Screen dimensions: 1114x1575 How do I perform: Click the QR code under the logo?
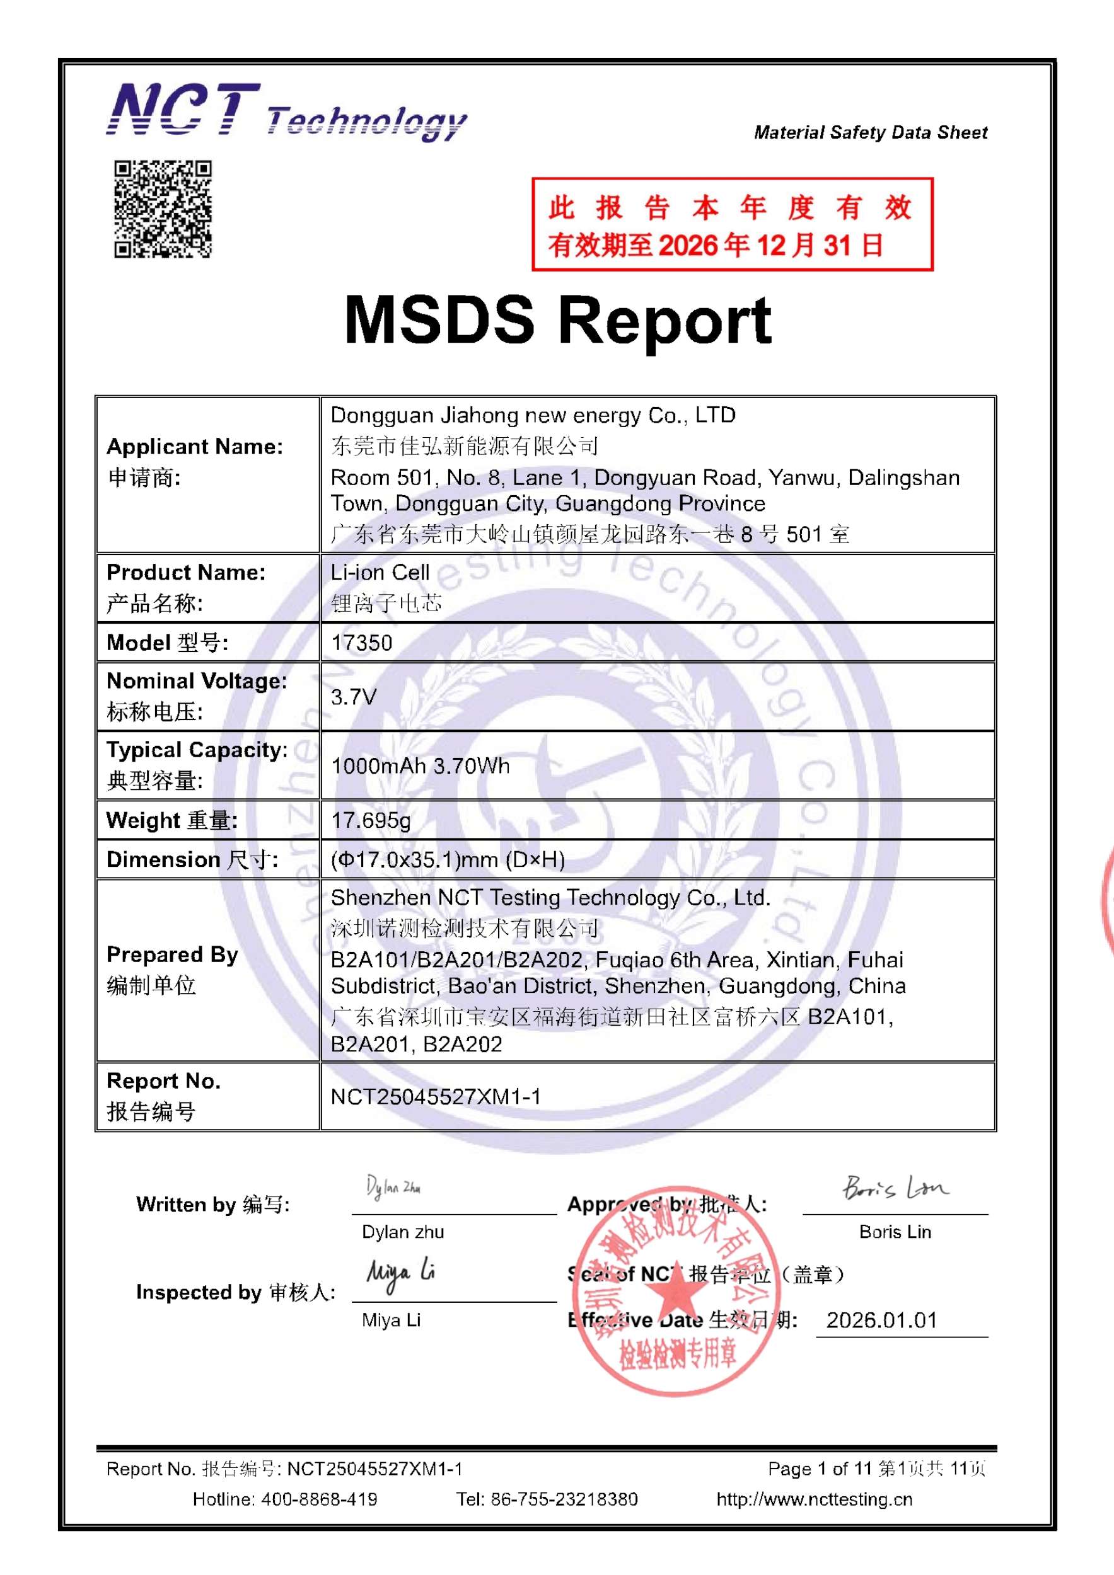pos(163,209)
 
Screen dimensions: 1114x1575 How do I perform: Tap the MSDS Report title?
pos(557,320)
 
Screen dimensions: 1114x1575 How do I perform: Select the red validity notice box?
pos(732,224)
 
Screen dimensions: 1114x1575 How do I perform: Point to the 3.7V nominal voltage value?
pos(354,697)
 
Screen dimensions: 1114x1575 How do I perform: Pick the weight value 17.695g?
pos(371,820)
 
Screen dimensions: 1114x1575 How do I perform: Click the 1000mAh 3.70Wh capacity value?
pos(420,765)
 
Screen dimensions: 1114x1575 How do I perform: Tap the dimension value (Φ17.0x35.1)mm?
pos(448,859)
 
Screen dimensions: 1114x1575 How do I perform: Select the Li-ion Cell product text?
pos(380,572)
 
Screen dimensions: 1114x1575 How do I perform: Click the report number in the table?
pos(436,1096)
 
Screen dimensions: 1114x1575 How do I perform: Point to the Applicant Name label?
pos(194,447)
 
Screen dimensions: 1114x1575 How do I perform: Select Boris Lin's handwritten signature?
pos(895,1188)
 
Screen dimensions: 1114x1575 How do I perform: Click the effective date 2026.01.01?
pos(881,1320)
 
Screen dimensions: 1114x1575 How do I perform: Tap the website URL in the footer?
pos(814,1499)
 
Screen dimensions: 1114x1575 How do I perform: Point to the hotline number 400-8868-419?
pos(318,1499)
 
